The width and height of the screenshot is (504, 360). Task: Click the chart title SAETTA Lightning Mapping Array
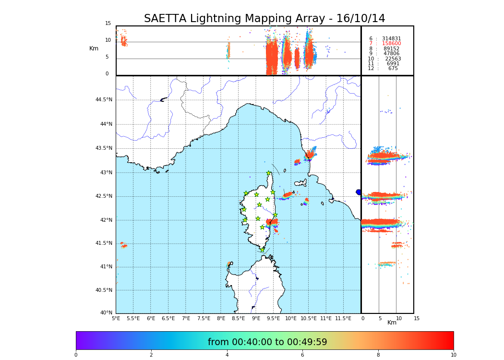click(264, 19)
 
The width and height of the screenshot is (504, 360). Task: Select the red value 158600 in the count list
click(391, 44)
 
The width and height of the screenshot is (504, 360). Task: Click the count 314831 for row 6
click(391, 39)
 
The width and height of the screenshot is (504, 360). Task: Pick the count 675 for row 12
click(393, 69)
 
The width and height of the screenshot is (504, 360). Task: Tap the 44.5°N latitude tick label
click(104, 100)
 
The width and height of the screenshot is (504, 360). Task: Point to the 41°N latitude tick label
click(106, 267)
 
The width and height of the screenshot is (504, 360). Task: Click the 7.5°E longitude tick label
click(204, 318)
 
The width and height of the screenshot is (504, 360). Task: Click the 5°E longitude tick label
click(116, 318)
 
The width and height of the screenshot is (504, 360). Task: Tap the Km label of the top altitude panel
click(94, 48)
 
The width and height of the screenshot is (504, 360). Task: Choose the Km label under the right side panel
click(392, 323)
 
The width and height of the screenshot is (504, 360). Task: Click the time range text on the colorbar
click(267, 342)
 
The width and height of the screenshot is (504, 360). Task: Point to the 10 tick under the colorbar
click(453, 355)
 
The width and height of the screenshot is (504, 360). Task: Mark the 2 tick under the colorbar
click(151, 355)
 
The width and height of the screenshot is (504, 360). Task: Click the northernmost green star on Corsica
click(269, 173)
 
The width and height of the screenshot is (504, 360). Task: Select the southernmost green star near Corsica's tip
click(262, 250)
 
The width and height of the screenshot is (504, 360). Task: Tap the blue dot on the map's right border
click(359, 192)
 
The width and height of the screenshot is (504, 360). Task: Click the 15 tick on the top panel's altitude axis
click(108, 24)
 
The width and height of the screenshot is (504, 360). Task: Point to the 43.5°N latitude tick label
click(104, 148)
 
